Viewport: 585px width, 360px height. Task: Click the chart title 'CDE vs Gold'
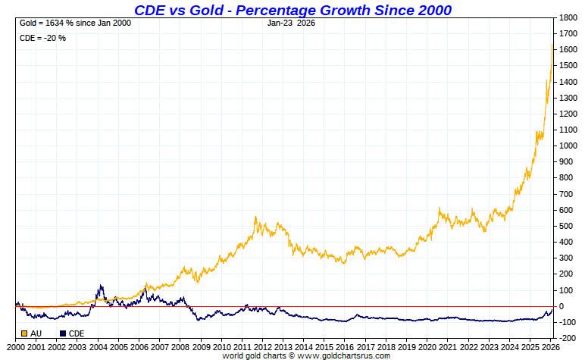(x=292, y=10)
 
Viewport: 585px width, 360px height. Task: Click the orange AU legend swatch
(x=24, y=333)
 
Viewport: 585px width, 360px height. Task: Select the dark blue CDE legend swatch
(x=63, y=333)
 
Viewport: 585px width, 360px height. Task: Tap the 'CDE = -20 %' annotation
(x=42, y=38)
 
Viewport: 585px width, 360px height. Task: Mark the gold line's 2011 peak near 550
(x=255, y=218)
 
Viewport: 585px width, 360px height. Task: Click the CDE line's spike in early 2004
(x=100, y=286)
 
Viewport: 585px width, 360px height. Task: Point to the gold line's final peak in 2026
(x=552, y=45)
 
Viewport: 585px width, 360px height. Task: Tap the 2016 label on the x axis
(x=344, y=346)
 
